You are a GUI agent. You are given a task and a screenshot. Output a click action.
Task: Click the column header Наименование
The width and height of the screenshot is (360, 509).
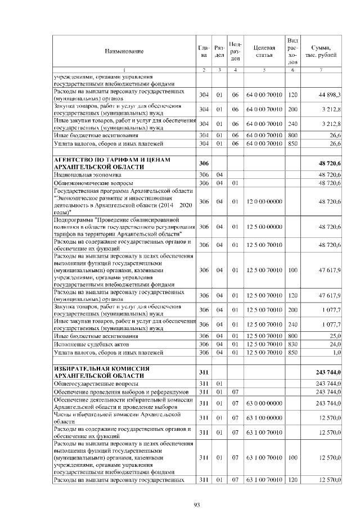point(124,51)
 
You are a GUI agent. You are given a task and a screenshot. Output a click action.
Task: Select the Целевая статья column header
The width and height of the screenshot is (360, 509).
point(264,51)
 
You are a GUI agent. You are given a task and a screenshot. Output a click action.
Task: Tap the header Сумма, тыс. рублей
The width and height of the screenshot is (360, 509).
point(321,51)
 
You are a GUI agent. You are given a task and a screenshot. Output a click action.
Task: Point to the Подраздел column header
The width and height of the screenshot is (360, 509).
point(236,51)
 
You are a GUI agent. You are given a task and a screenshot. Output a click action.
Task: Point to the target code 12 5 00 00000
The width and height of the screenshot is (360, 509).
point(264,227)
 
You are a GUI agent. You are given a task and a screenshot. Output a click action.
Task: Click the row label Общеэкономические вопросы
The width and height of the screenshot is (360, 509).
point(93,183)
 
